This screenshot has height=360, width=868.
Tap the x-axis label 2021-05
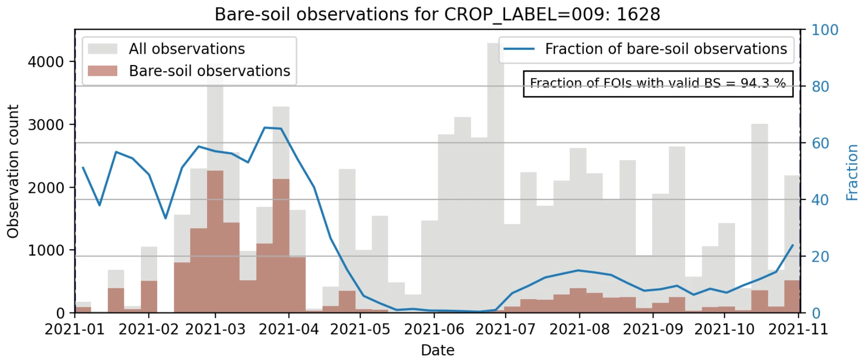coord(360,329)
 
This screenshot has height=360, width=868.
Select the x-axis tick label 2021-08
coord(579,329)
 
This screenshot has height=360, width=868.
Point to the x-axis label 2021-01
coord(75,329)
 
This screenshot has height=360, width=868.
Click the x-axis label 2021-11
coord(798,329)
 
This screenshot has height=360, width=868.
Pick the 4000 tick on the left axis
coord(46,62)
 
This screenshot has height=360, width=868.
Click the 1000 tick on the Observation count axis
coord(46,250)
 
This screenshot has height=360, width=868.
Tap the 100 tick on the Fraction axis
coord(825,30)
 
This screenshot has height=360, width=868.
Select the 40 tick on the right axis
coord(820,200)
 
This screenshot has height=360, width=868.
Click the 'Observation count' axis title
coord(13,171)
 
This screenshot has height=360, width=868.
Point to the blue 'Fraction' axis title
coord(852,172)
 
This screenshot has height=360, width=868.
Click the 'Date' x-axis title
coord(437,350)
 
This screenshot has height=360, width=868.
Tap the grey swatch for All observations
coord(103,49)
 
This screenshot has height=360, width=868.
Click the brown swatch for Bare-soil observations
coord(103,71)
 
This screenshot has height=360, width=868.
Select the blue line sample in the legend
coord(519,49)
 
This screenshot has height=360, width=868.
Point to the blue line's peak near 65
coord(265,127)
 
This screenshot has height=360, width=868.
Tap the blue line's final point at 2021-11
coord(793,246)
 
